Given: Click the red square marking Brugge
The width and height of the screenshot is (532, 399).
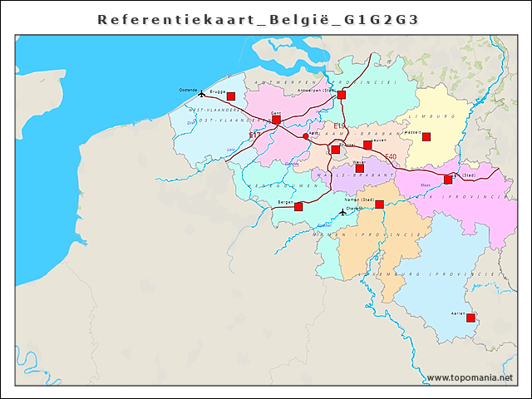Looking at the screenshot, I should click(x=231, y=96).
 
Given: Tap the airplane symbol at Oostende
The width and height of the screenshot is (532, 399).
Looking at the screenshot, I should click(x=201, y=93).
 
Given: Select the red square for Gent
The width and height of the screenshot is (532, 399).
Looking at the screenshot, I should click(x=276, y=120).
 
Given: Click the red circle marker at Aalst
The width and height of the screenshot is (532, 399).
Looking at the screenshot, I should click(x=305, y=136).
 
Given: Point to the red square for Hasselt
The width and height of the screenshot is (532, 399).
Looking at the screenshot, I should click(x=426, y=136).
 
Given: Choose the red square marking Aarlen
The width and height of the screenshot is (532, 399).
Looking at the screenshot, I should click(x=470, y=318).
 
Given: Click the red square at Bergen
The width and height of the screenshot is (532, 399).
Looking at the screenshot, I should click(x=298, y=206).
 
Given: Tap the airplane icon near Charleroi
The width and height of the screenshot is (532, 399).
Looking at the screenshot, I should click(x=342, y=212).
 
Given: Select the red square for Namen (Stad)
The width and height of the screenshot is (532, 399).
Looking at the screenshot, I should click(x=379, y=204).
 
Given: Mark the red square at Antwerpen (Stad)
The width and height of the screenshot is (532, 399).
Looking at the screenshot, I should click(x=341, y=95).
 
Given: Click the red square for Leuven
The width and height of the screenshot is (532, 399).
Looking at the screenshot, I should click(x=367, y=145).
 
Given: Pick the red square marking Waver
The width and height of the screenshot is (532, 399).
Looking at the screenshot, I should click(x=359, y=168).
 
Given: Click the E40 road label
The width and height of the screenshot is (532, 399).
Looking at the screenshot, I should click(x=391, y=157).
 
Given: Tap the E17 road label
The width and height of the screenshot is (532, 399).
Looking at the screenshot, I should click(x=254, y=135).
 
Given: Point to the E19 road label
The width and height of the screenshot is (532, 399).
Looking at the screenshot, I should click(x=339, y=126).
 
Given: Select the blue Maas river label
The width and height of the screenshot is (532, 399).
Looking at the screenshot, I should click(x=426, y=185).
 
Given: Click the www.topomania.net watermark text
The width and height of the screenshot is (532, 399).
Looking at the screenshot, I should click(x=469, y=378).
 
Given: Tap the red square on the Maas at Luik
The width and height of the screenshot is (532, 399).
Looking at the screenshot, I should click(x=448, y=179).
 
